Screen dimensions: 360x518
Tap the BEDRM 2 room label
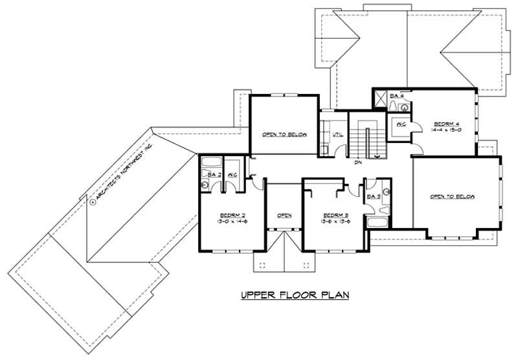(232, 214)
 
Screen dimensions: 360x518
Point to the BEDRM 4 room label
(446, 123)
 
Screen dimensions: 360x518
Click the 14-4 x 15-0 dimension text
(446, 130)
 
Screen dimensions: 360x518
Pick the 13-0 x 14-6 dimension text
(232, 221)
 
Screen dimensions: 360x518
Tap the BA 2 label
(211, 174)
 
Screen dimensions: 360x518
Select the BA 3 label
(373, 196)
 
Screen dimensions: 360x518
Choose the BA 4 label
(397, 96)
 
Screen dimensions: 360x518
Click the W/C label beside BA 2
(232, 174)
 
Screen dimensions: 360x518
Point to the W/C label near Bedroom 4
(400, 124)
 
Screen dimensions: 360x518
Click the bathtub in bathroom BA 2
(210, 163)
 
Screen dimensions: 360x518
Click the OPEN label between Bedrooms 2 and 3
(284, 215)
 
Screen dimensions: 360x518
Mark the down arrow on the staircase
(377, 155)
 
